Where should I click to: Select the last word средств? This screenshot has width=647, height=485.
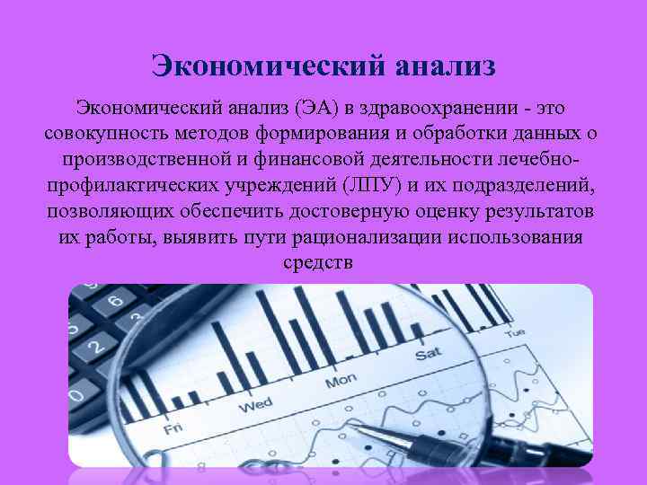point(318,262)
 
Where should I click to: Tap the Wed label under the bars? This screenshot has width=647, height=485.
point(255,405)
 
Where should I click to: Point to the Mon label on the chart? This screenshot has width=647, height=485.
point(341,382)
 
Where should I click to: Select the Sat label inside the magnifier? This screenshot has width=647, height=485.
point(429,355)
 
